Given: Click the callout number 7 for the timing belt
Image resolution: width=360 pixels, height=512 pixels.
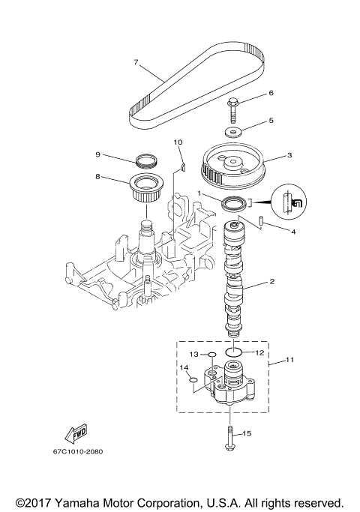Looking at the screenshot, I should pyautogui.click(x=136, y=62).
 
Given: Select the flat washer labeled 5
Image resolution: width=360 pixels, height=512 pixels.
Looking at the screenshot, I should pyautogui.click(x=235, y=132).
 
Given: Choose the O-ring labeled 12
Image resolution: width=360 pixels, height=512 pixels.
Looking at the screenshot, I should pyautogui.click(x=233, y=351).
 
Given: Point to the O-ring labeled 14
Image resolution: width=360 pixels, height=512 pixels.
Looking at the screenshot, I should pyautogui.click(x=193, y=380).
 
